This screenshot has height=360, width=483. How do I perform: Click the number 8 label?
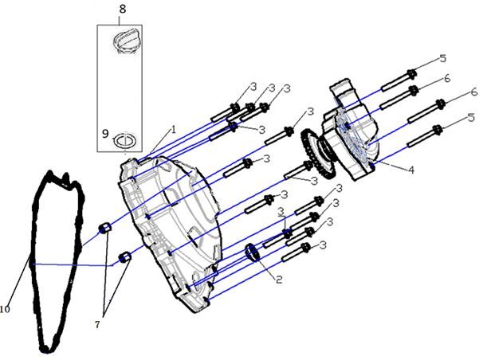coord(122,9)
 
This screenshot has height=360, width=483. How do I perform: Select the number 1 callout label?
coord(173,129)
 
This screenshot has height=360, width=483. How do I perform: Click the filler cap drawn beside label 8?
coord(128,41)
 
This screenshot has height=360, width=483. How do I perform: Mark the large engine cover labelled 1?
coord(171,231)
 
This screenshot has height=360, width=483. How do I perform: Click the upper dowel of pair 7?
coord(104,230)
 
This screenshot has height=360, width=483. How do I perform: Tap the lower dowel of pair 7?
coord(124,256)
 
